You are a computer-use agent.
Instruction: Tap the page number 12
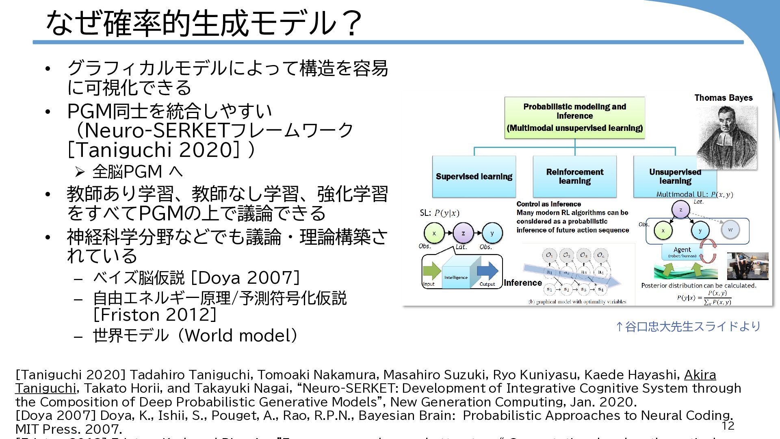(728, 426)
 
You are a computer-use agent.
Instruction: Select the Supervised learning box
(474, 176)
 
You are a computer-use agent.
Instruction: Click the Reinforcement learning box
(574, 176)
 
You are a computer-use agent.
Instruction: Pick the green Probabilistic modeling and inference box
(574, 117)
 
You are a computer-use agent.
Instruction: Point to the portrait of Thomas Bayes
(726, 137)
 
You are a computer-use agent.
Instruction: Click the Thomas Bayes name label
(723, 98)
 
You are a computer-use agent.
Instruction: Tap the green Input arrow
(431, 271)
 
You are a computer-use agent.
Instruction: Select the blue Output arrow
(487, 271)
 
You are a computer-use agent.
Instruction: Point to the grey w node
(730, 230)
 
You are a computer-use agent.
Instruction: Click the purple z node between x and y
(463, 233)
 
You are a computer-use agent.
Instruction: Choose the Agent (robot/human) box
(682, 252)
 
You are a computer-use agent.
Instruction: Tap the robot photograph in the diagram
(747, 266)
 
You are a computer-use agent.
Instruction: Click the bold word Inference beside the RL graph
(523, 283)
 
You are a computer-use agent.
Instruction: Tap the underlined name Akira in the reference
(700, 374)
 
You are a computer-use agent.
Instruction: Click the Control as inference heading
(548, 204)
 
